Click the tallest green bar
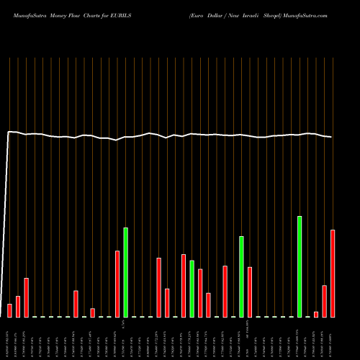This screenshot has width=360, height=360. (x=300, y=266)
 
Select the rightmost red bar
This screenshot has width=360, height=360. (x=333, y=274)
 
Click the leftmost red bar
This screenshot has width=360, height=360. (x=10, y=310)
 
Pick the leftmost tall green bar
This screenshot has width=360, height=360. (x=126, y=272)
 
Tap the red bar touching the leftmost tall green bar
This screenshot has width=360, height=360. (x=117, y=284)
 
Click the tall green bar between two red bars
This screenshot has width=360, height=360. (x=192, y=289)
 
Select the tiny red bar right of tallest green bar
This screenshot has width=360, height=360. (x=316, y=314)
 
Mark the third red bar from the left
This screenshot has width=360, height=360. (x=27, y=297)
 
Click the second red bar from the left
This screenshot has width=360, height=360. (x=18, y=307)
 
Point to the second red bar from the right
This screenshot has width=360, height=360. (x=325, y=301)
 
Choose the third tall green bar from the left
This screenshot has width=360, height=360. (x=241, y=276)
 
